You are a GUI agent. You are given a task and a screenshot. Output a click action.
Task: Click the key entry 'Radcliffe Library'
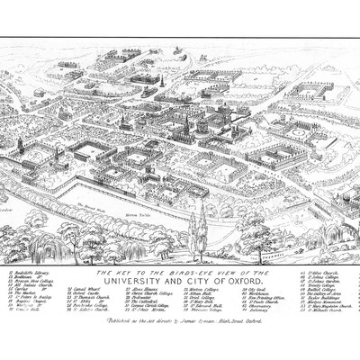coord(26,292)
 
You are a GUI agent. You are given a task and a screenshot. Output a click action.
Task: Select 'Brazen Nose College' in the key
coord(28,302)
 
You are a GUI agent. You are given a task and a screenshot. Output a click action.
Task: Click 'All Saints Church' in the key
coord(27,308)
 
